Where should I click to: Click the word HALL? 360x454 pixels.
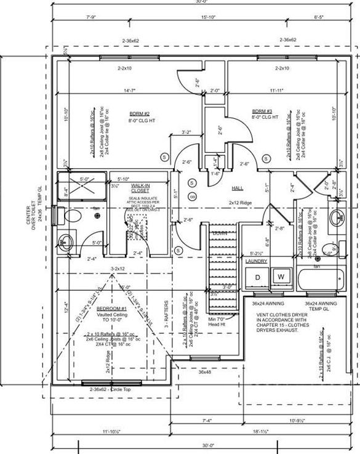click(239, 188)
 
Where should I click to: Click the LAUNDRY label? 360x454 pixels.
click(257, 262)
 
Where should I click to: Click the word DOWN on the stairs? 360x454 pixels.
click(220, 233)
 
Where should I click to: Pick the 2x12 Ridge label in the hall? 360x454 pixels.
click(242, 202)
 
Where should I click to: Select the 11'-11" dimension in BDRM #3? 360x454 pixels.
click(276, 91)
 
